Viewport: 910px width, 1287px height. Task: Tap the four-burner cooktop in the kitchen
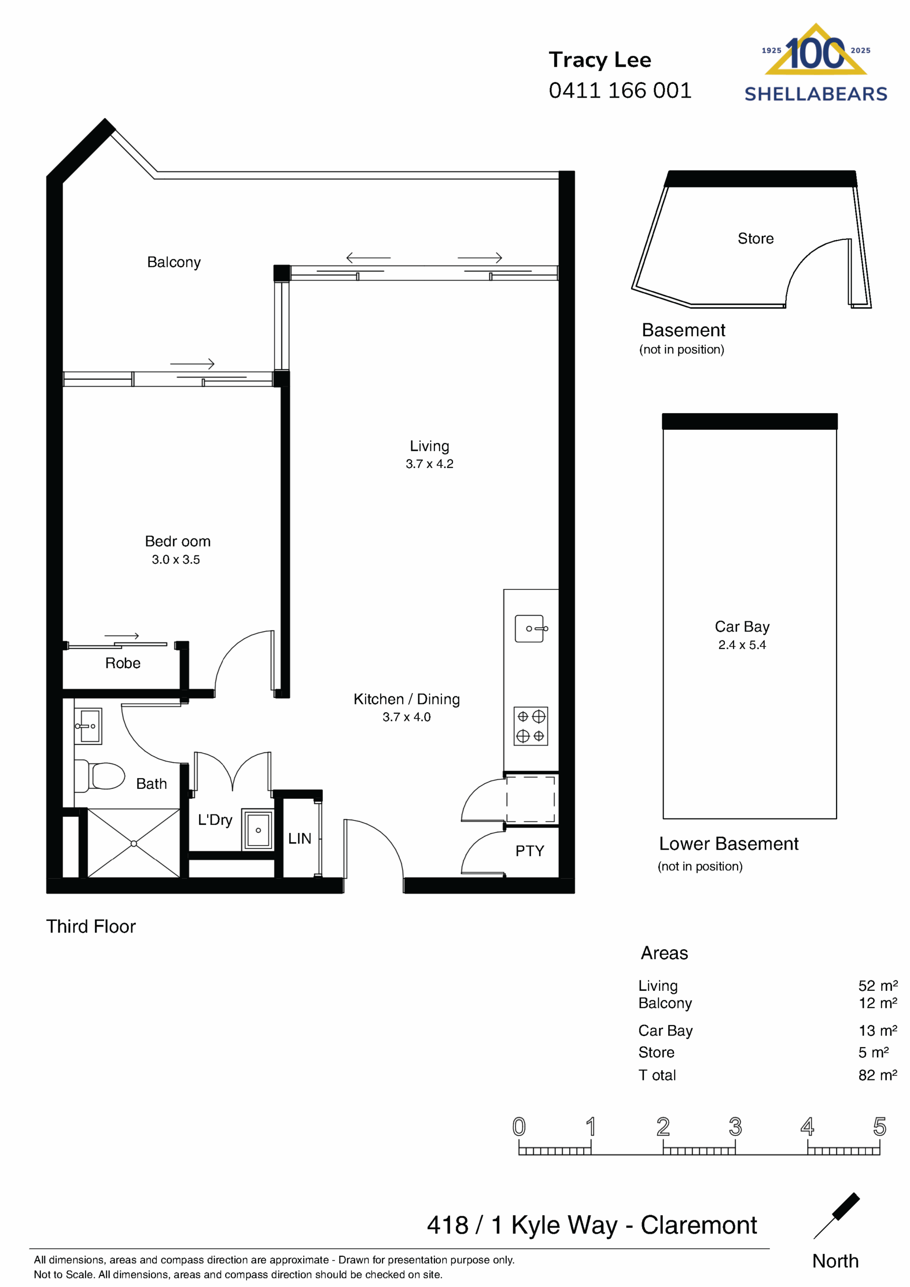coord(530,726)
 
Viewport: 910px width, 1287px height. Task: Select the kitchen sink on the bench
coord(530,628)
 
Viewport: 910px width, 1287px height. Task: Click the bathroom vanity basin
coord(88,726)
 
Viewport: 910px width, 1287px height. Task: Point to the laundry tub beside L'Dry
coord(258,830)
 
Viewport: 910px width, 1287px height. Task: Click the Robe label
coord(123,663)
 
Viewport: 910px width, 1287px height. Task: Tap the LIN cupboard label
coord(300,839)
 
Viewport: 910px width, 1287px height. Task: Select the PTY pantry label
coord(529,851)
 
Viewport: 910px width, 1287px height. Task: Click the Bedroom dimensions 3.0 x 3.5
coord(175,560)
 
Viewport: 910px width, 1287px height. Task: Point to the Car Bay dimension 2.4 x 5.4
coord(742,645)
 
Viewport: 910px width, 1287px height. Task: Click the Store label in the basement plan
coord(755,239)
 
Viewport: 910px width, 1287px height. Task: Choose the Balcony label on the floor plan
coord(174,262)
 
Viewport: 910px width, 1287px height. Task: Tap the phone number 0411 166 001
coord(619,90)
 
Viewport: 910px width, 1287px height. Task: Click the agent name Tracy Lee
coord(599,60)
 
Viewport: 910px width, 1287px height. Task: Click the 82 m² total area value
coord(877,1075)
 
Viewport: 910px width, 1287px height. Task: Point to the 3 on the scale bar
coord(735,1127)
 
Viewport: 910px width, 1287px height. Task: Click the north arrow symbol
coord(837,1215)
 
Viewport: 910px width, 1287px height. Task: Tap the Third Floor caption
coord(91,927)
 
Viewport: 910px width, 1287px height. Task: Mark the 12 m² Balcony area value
coord(877,1003)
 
